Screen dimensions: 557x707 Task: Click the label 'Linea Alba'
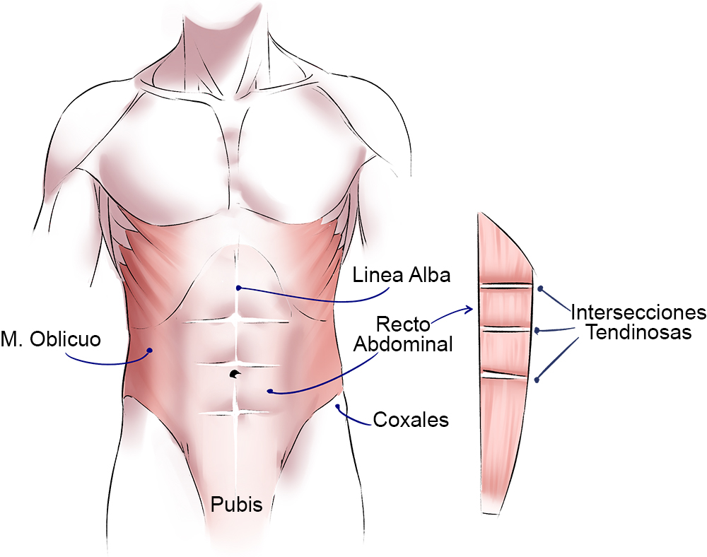[402, 275]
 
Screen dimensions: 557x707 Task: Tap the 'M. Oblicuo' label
[50, 339]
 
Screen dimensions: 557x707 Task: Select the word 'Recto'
[404, 325]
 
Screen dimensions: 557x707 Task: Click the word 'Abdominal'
[403, 344]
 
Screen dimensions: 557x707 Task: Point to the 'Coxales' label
[410, 420]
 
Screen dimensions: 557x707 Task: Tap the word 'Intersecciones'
[638, 312]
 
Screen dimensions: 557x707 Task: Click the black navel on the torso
[235, 373]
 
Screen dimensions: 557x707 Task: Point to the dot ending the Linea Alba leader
[240, 288]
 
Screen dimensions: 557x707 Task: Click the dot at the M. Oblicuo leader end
[150, 350]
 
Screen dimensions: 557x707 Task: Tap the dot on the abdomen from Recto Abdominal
[269, 391]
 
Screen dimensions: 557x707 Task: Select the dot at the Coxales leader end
[339, 406]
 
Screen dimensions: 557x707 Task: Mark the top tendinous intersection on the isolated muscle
[505, 286]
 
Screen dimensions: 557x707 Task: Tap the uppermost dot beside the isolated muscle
[541, 288]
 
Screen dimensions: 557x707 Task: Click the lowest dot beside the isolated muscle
[537, 380]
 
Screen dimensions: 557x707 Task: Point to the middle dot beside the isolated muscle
[537, 330]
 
